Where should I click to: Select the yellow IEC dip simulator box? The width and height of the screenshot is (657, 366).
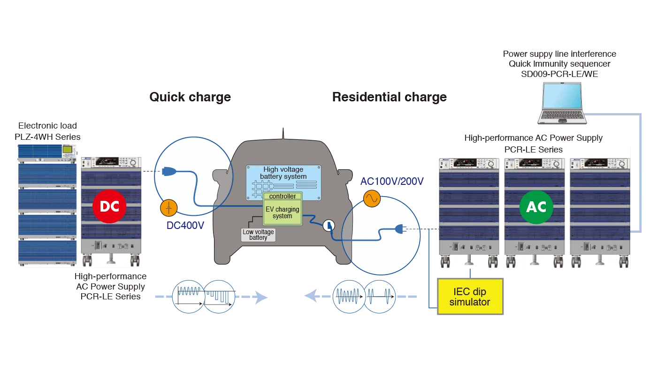click(x=469, y=297)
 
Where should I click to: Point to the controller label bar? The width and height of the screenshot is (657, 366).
click(x=283, y=196)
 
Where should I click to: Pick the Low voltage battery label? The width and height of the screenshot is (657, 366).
click(x=258, y=235)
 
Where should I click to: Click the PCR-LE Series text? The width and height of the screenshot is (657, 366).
click(x=533, y=150)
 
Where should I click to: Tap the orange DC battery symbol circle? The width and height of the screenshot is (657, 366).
click(x=168, y=208)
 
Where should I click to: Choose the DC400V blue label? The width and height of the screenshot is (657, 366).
click(x=186, y=225)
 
